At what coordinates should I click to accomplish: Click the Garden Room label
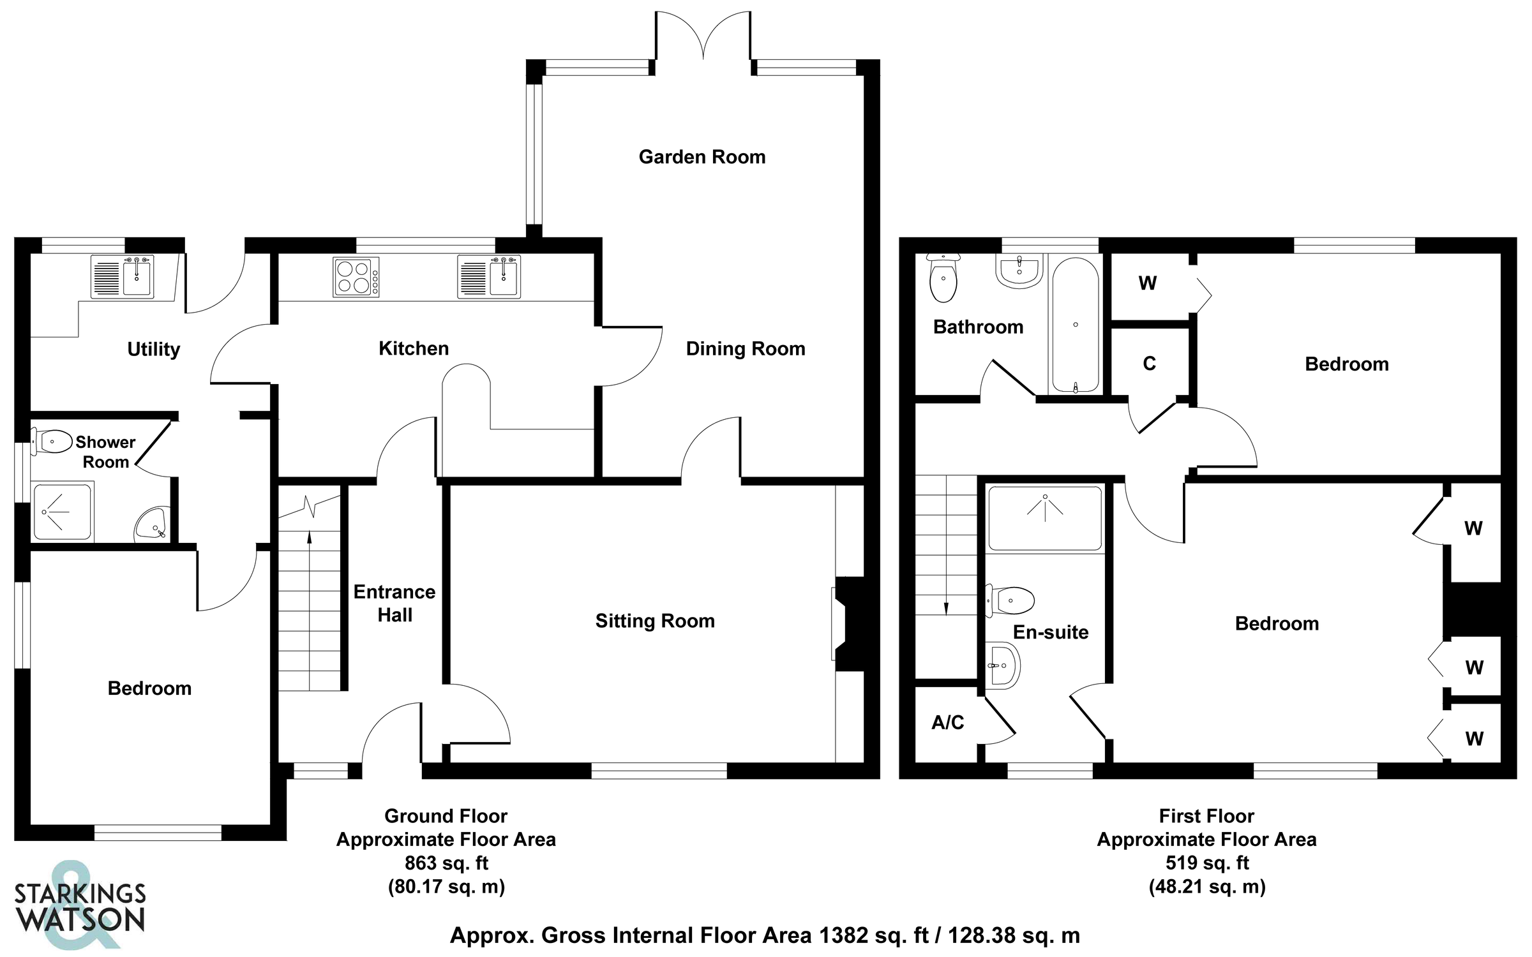point(702,157)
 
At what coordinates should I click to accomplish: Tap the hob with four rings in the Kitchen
point(356,277)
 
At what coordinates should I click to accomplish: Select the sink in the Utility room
point(137,277)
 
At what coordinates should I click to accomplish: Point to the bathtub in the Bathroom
point(1075,325)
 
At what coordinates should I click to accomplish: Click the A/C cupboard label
point(947,722)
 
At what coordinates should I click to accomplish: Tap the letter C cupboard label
point(1149,364)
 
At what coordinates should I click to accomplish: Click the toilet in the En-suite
point(1011,600)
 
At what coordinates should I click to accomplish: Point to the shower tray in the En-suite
point(1044,518)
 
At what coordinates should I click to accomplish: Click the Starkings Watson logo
point(80,906)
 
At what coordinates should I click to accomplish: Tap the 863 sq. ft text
point(446,863)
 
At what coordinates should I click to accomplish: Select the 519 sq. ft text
point(1206,863)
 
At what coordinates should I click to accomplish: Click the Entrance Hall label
point(394,604)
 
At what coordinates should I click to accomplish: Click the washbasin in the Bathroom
point(1019,271)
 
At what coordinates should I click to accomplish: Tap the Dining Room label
point(745,349)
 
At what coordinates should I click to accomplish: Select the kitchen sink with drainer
point(490,277)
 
